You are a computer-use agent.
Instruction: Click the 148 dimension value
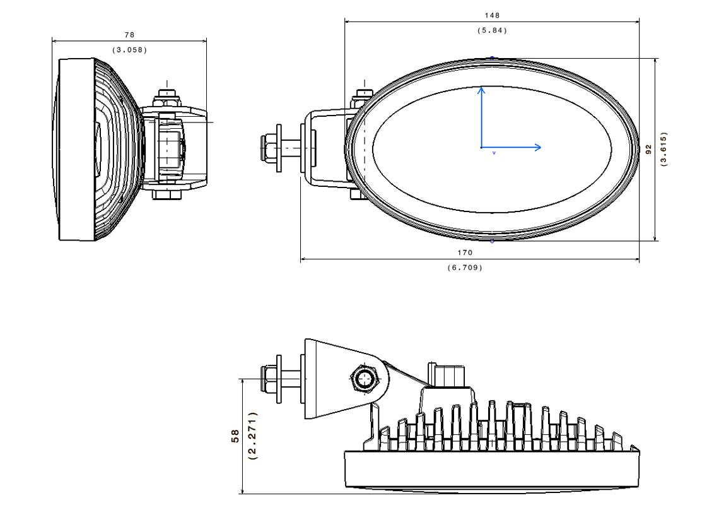pyautogui.click(x=493, y=15)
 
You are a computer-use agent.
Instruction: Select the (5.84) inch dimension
pyautogui.click(x=493, y=30)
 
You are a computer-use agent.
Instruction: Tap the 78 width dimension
pyautogui.click(x=129, y=35)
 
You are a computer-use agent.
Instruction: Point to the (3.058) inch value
pyautogui.click(x=129, y=50)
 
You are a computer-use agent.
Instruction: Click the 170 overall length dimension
pyautogui.click(x=465, y=252)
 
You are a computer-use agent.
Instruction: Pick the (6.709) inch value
pyautogui.click(x=465, y=268)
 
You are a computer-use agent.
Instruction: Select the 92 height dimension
pyautogui.click(x=648, y=149)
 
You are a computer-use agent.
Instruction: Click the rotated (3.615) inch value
pyautogui.click(x=663, y=149)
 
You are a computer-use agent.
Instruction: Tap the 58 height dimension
pyautogui.click(x=235, y=436)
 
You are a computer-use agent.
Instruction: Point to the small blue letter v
pyautogui.click(x=494, y=153)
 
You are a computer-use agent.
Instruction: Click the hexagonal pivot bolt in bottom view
pyautogui.click(x=364, y=379)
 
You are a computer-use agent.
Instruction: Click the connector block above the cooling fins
pyautogui.click(x=447, y=376)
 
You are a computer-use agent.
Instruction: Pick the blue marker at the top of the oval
pyautogui.click(x=492, y=58)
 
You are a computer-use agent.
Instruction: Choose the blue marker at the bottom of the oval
pyautogui.click(x=492, y=241)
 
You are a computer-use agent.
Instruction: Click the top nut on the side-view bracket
pyautogui.click(x=167, y=95)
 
